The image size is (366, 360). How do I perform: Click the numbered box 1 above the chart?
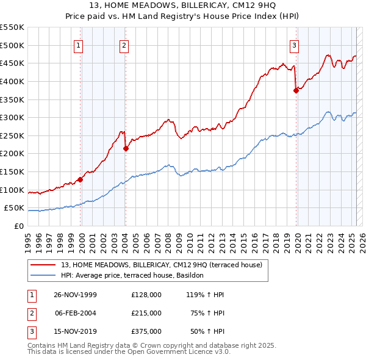79,45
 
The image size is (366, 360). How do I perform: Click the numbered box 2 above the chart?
124,45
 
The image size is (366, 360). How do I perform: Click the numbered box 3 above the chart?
294,45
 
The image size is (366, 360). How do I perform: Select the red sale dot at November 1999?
80,179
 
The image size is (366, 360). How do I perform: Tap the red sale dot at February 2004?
125,148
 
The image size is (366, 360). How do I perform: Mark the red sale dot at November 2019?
296,90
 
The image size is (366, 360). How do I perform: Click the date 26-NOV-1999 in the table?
75,295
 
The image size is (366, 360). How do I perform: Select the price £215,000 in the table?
146,313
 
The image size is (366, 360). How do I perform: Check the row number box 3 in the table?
32,331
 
